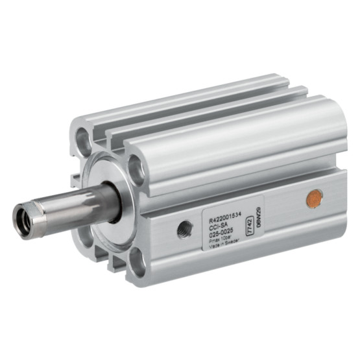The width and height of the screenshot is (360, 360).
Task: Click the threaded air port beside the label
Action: (x=185, y=228)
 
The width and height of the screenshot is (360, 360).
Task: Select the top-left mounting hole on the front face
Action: (x=84, y=137)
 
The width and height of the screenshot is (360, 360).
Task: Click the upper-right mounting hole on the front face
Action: (x=136, y=168)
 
